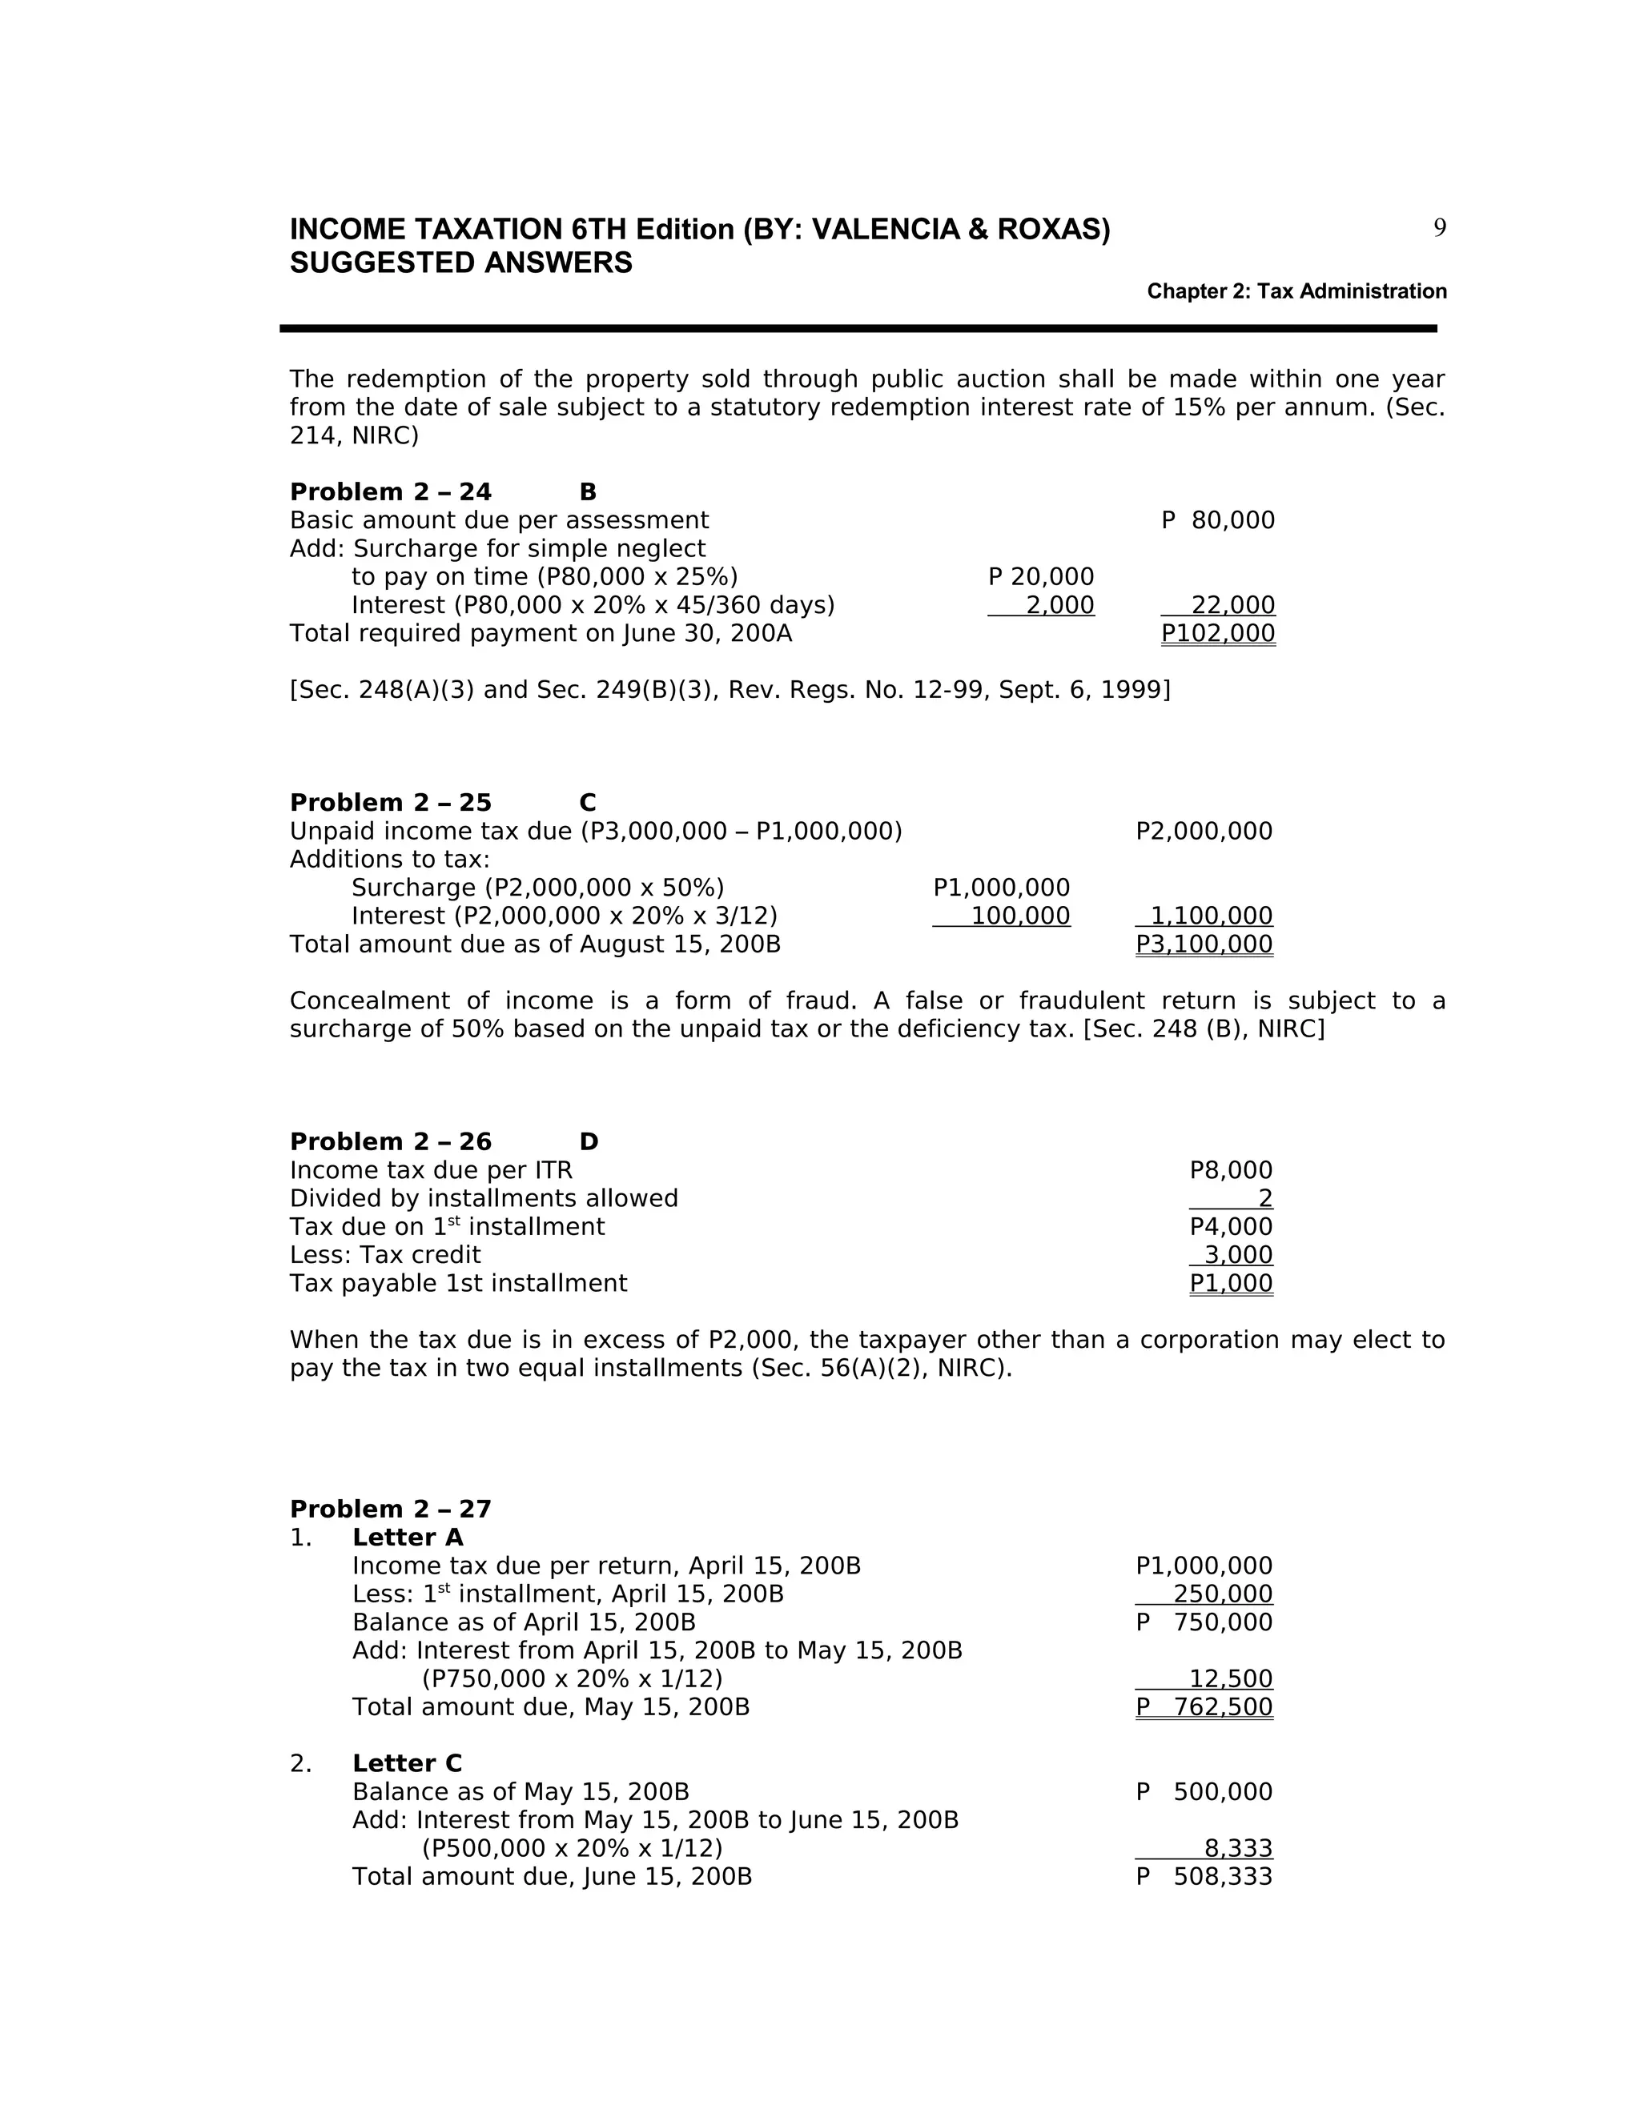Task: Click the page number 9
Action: pos(1439,228)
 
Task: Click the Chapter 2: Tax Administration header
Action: pos(1296,291)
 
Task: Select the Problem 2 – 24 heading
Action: pos(391,492)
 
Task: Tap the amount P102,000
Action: pos(1217,633)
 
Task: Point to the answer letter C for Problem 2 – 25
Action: pos(587,803)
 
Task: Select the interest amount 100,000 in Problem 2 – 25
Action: pos(1020,916)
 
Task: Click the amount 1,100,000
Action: pos(1211,916)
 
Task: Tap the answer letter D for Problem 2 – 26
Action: pos(589,1142)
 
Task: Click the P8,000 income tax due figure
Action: pos(1230,1170)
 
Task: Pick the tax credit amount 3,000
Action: pos(1238,1255)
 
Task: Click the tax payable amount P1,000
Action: pos(1230,1283)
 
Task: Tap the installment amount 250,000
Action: pos(1222,1594)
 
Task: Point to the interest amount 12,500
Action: pos(1230,1679)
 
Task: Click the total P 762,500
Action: pos(1204,1707)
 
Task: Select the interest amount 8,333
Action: pos(1238,1848)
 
